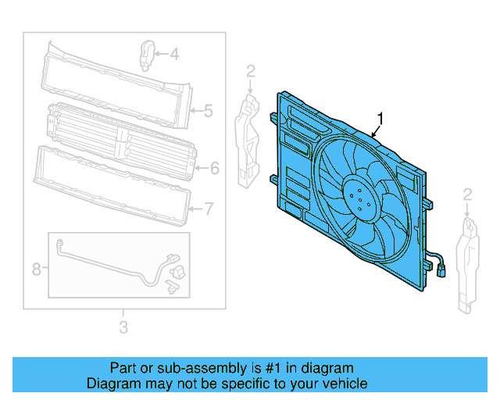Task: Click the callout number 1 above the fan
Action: pos(380,118)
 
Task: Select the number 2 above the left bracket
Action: pos(250,73)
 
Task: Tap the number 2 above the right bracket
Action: pos(467,194)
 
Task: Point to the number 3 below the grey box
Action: pos(123,327)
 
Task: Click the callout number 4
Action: pos(173,54)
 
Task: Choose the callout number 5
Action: pos(208,111)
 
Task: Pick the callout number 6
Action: pos(214,167)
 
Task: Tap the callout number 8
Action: pos(36,270)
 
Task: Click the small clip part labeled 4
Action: pos(145,53)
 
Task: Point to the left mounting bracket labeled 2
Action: pos(248,141)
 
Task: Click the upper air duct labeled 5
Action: pos(117,82)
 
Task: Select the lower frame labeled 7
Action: pos(113,184)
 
